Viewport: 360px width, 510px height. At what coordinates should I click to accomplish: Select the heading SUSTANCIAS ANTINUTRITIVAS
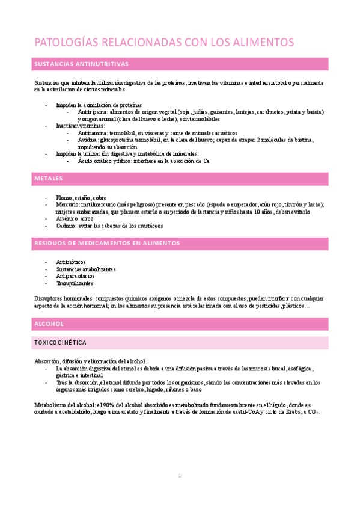tap(81, 64)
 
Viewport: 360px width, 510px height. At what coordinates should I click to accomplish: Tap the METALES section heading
tap(49, 179)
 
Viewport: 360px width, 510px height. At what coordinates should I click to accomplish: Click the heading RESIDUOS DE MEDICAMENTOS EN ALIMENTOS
tap(107, 244)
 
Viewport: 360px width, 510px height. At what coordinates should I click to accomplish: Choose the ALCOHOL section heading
tap(49, 324)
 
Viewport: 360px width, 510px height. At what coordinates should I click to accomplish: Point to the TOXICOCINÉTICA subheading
tap(61, 343)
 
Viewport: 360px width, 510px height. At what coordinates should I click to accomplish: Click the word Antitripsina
tap(90, 112)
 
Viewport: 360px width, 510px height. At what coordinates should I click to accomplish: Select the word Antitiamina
tap(90, 133)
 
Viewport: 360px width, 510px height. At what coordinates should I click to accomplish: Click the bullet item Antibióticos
tap(71, 262)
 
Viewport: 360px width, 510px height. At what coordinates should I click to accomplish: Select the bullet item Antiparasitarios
tap(75, 276)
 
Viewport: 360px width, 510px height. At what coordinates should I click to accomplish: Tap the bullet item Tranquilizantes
tap(75, 283)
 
